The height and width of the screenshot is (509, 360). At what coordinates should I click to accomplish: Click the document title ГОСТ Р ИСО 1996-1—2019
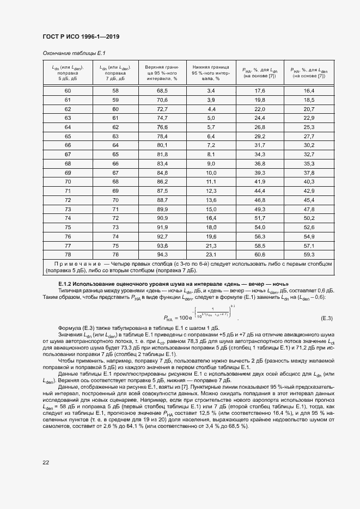[x=81, y=36]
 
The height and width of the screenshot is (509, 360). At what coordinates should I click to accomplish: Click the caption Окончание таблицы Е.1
[x=74, y=53]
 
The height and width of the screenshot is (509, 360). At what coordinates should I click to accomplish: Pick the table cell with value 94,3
[x=162, y=254]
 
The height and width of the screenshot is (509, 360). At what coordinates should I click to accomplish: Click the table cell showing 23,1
[x=211, y=254]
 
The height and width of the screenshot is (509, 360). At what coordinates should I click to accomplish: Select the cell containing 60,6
[x=260, y=254]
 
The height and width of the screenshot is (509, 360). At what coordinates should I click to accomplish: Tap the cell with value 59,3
[x=309, y=254]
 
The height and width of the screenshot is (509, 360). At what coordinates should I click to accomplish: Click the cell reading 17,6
[x=260, y=90]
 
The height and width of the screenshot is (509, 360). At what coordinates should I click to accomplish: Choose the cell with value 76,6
[x=162, y=127]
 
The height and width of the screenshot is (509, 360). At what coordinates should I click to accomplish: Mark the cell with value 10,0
[x=211, y=173]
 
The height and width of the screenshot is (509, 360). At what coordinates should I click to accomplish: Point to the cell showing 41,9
[x=260, y=181]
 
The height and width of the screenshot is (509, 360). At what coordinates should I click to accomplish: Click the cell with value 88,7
[x=162, y=200]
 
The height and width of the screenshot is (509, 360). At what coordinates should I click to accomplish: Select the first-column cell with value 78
[x=68, y=254]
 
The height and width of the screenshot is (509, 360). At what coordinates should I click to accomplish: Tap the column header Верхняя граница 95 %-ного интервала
[x=162, y=72]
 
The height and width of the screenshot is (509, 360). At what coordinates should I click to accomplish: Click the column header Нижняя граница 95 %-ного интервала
[x=211, y=72]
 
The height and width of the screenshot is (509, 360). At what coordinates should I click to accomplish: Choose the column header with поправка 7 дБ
[x=115, y=72]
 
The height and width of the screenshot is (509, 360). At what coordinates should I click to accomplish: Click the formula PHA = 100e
[x=199, y=317]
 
